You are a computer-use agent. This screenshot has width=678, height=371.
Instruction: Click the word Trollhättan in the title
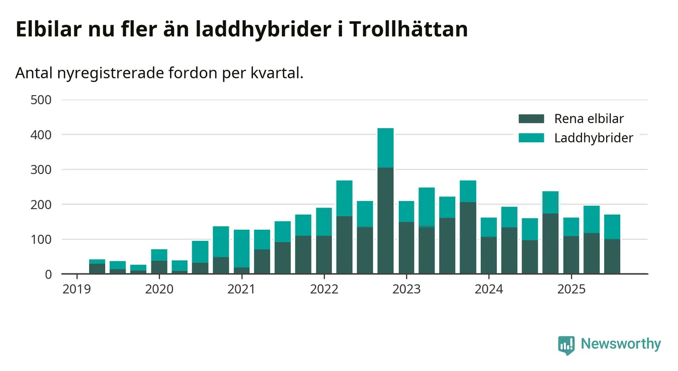point(408,30)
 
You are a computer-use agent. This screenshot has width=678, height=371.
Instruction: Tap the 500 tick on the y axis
point(41,100)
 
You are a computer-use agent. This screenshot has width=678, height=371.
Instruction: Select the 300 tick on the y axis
point(41,170)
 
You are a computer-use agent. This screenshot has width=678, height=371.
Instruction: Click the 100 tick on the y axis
point(41,239)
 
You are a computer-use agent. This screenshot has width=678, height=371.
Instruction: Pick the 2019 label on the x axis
point(77,289)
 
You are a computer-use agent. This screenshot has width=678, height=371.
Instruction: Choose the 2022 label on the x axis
point(324,289)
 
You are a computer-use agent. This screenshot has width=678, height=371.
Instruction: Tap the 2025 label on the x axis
point(571,289)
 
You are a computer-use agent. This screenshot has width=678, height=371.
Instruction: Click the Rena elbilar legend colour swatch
point(531,119)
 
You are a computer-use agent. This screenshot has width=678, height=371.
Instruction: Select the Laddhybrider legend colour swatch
point(531,138)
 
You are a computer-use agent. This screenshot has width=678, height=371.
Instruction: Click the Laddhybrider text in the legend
point(594,138)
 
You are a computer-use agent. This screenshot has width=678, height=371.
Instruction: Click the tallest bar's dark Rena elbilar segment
point(386,220)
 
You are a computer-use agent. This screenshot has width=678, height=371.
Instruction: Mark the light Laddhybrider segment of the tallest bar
point(386,148)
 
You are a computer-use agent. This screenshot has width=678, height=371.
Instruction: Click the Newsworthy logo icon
point(566,345)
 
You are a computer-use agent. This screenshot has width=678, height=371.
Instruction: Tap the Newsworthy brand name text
point(621,344)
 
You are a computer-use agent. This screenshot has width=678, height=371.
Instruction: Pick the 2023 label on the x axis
point(406,289)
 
